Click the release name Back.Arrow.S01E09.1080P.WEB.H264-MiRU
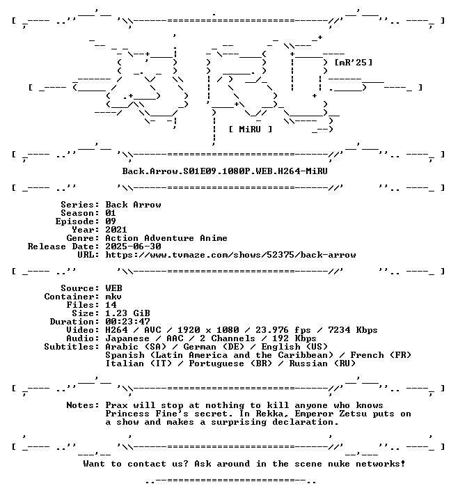click(225, 171)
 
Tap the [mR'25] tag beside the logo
click(354, 63)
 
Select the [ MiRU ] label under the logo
click(250, 130)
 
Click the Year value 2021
click(116, 230)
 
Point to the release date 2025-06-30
click(133, 246)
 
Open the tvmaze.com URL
click(230, 255)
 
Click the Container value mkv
click(113, 297)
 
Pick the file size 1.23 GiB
click(127, 313)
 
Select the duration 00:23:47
click(127, 322)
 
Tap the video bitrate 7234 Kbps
click(353, 330)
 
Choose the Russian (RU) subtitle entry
click(322, 363)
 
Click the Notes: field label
click(83, 405)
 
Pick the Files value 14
click(111, 305)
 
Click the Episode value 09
click(111, 221)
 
